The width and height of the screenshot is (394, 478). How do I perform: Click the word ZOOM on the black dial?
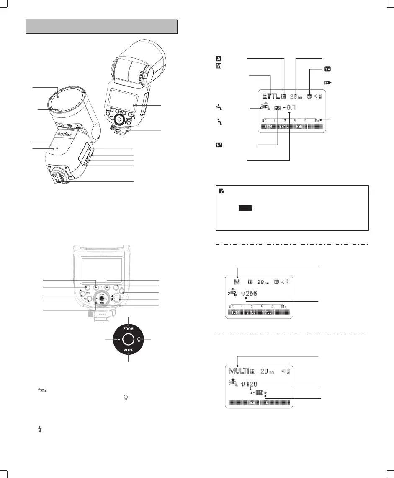pos(128,329)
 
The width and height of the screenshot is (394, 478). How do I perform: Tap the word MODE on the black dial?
pos(128,350)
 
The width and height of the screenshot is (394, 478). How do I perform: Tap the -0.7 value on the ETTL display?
pos(289,108)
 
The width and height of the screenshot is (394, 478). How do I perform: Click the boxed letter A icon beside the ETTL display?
pos(219,59)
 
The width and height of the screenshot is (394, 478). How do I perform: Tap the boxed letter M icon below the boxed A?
pos(219,66)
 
